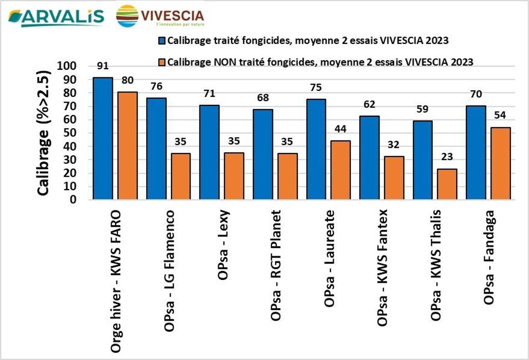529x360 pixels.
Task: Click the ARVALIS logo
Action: [55, 17]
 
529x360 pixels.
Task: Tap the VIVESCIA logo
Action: [160, 16]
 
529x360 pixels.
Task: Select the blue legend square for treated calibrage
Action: [161, 40]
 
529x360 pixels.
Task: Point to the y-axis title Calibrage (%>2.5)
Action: [43, 133]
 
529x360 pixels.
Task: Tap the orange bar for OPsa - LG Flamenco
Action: [181, 177]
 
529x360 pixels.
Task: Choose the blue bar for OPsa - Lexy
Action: [209, 152]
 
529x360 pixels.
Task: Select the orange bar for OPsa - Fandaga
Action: [500, 164]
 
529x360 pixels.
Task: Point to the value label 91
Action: [103, 66]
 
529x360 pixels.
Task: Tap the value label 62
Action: [369, 105]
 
